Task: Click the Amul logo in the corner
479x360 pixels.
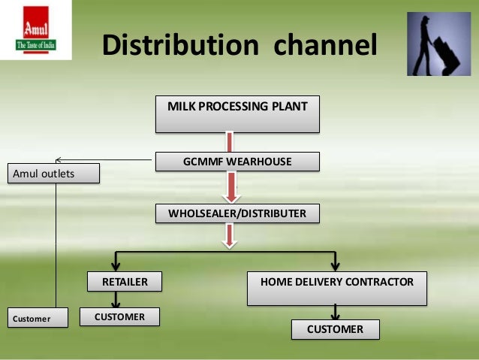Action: (36, 35)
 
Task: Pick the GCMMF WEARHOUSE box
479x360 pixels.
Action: (237, 161)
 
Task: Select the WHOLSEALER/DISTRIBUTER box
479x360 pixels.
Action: (237, 213)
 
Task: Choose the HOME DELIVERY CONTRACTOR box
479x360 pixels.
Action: (336, 289)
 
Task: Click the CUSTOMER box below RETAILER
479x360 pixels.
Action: (119, 316)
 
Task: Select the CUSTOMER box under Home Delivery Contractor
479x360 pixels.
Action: (336, 329)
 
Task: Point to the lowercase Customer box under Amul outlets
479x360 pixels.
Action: (37, 318)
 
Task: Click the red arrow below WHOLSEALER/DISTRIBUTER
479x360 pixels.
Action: (230, 235)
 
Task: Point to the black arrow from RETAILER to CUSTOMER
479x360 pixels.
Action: (116, 300)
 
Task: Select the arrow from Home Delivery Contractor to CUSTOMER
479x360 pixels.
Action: (335, 312)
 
